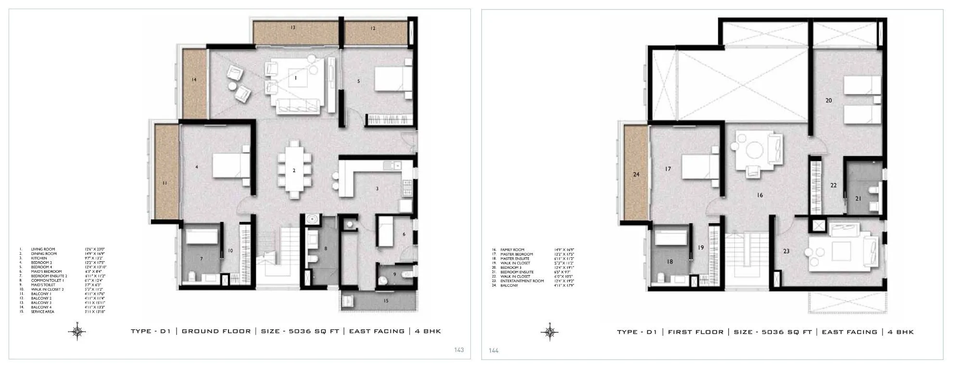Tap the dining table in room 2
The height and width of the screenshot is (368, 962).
pyautogui.click(x=294, y=170)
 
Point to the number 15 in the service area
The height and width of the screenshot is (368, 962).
pyautogui.click(x=386, y=301)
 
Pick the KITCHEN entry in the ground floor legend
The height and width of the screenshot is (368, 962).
pyautogui.click(x=39, y=258)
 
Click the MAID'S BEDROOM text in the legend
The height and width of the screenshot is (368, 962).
pyautogui.click(x=46, y=271)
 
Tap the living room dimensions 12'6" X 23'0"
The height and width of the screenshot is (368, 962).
pyautogui.click(x=95, y=249)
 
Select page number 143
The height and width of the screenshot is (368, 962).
pyautogui.click(x=459, y=350)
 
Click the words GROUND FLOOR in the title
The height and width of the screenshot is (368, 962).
pyautogui.click(x=216, y=331)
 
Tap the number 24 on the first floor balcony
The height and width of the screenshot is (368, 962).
pyautogui.click(x=636, y=174)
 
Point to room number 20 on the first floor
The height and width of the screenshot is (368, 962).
pyautogui.click(x=828, y=101)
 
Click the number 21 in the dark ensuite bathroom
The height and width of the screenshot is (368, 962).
pyautogui.click(x=858, y=198)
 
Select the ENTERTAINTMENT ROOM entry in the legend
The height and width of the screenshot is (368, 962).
pyautogui.click(x=522, y=281)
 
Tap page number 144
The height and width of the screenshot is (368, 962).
pyautogui.click(x=494, y=351)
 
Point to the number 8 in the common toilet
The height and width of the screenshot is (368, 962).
pyautogui.click(x=326, y=248)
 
